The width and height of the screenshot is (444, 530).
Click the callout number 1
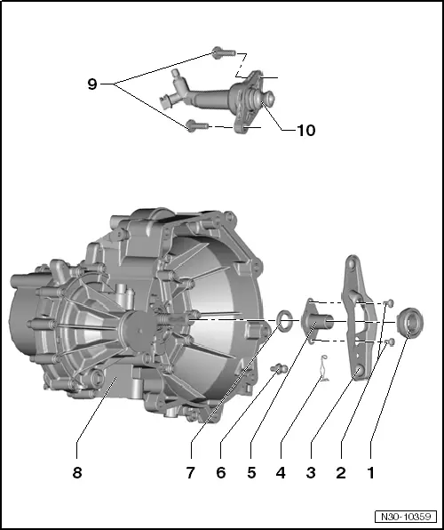(x=371, y=473)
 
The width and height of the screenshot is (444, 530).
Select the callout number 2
(x=340, y=473)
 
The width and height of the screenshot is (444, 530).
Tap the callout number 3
(x=311, y=473)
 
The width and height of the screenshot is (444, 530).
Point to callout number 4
(x=281, y=473)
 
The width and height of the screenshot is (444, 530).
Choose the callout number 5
(x=251, y=473)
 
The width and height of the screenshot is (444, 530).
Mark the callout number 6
(x=221, y=473)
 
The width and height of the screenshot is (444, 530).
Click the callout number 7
(x=191, y=473)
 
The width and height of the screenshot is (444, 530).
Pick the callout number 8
(x=77, y=473)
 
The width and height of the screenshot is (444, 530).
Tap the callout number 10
(x=305, y=130)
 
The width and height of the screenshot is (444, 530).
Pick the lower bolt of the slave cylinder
(x=196, y=127)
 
